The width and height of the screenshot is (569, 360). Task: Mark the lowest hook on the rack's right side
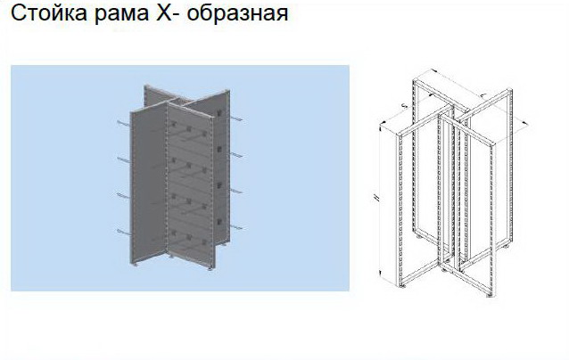pyautogui.click(x=237, y=228)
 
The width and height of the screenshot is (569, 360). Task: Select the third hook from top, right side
pyautogui.click(x=237, y=191)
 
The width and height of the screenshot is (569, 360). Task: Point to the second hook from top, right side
pyautogui.click(x=237, y=154)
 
